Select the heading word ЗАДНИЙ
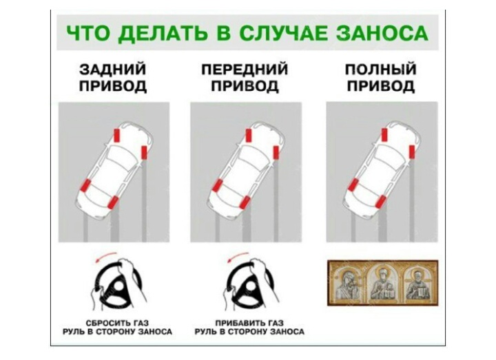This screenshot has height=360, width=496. pos(112,70)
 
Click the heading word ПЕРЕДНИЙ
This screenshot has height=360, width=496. pos(245,70)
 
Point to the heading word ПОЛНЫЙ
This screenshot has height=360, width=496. pos(381,70)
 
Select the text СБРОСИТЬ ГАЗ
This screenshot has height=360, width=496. pos(117,323)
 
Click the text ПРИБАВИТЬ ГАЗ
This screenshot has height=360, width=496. pos(249,323)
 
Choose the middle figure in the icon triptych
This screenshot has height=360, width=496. pos(383,283)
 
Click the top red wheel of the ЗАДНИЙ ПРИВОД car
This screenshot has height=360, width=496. pos(117,136)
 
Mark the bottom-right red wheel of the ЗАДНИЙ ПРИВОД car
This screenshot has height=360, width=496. pos(112,202)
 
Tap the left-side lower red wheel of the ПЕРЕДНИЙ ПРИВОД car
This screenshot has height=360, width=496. pos(217,185)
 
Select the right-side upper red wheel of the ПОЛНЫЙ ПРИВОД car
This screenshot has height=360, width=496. pos(411,151)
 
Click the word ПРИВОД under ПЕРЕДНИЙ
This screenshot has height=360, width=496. pos(245,86)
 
